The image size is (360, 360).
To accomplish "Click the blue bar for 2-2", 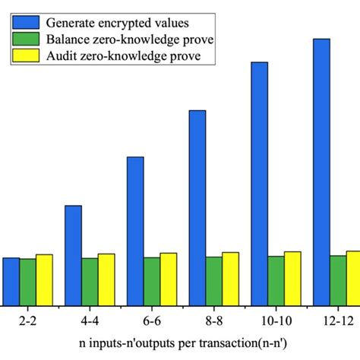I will point(11,281).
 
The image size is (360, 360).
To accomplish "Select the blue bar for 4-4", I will point(73,254).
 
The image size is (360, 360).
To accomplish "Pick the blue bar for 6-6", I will point(135,230).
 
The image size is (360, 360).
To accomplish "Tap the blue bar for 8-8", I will point(197,207).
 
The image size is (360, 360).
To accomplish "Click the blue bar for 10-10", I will point(260,182).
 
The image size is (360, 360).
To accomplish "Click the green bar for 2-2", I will point(28,282).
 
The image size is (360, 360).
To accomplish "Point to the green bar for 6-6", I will point(152,281).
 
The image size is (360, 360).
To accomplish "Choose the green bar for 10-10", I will point(276,280).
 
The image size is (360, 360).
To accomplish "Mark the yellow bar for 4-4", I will point(106,279).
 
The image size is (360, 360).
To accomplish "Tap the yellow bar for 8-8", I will point(230,278).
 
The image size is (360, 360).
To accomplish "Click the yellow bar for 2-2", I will point(45,279).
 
